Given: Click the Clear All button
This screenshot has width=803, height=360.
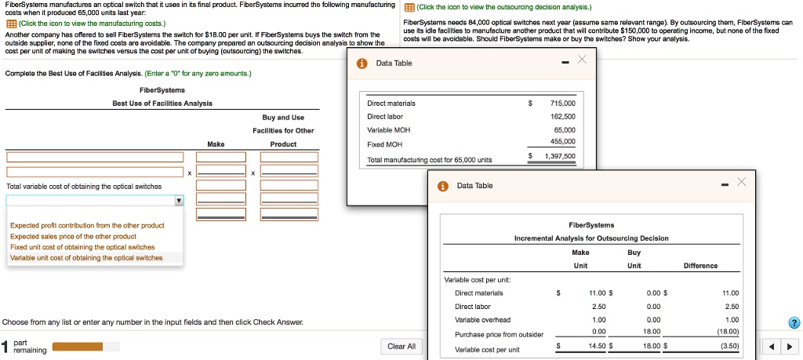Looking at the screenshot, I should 401,346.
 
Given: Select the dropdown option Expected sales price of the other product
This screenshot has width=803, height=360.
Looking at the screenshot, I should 73,236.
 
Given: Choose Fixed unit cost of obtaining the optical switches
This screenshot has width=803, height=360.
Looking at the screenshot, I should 82,247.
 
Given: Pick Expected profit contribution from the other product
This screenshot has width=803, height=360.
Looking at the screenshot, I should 86,226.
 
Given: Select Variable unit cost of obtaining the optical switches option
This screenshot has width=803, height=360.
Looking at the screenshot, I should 86,258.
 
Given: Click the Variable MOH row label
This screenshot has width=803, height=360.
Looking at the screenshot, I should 388,129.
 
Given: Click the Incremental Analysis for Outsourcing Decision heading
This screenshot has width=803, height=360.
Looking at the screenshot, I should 591,238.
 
